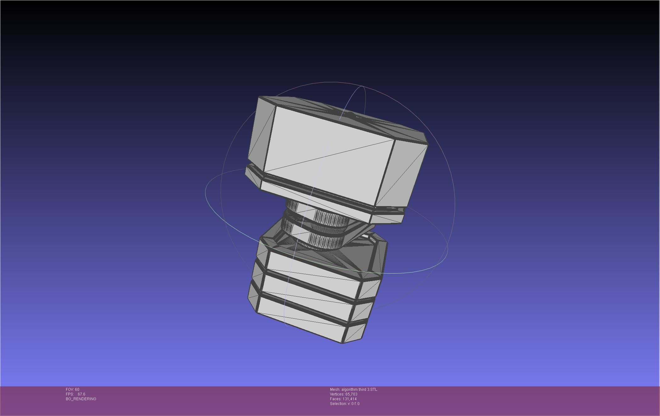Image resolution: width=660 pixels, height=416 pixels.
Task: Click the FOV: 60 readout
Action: [x=72, y=390]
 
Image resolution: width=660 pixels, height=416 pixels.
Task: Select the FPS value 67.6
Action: [x=81, y=394]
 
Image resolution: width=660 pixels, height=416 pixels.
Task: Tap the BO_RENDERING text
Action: [x=81, y=399]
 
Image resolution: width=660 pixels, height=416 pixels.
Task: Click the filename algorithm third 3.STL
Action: [x=359, y=390]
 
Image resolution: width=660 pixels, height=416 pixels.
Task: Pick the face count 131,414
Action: [x=350, y=399]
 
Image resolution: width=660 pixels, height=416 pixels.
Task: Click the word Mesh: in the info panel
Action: [x=335, y=390]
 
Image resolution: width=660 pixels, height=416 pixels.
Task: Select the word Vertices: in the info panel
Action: [x=337, y=394]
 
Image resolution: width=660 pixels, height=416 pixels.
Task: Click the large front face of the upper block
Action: [x=327, y=154]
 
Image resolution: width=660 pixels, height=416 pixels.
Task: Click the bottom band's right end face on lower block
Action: [x=356, y=332]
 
